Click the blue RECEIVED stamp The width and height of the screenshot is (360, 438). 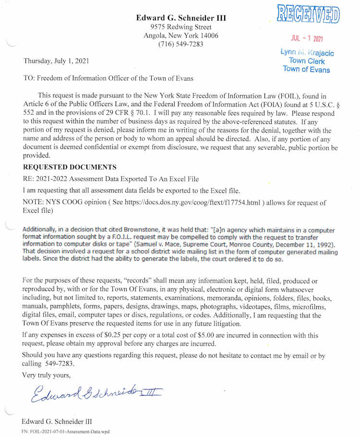point(308,15)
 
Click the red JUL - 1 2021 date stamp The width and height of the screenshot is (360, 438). point(307,39)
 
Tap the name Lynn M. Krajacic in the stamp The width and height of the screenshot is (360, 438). point(307,53)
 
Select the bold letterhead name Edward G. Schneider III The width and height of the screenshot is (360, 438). point(180,18)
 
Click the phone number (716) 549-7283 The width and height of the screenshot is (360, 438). point(180,44)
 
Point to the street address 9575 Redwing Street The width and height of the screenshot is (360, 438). point(180,27)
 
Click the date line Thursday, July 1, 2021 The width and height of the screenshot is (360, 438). point(56,61)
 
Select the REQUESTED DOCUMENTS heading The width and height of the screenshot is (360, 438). point(70,167)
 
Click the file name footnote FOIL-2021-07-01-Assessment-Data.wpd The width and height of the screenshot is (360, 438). point(65,431)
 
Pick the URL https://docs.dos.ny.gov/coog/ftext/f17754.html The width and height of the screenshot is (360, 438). point(192,202)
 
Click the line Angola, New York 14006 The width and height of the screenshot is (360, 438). point(180,36)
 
